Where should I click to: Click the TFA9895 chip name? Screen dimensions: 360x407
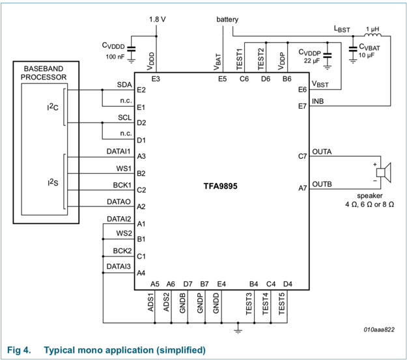pyautogui.click(x=219, y=186)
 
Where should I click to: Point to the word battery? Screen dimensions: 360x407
pyautogui.click(x=228, y=20)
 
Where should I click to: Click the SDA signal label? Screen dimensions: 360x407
pyautogui.click(x=124, y=85)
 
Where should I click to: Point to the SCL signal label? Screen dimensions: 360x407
pyautogui.click(x=124, y=118)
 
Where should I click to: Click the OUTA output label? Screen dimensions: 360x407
pyautogui.click(x=322, y=152)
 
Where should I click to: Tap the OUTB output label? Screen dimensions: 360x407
pyautogui.click(x=322, y=184)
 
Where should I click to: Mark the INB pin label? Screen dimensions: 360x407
pyautogui.click(x=318, y=102)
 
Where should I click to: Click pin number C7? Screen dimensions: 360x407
pyautogui.click(x=302, y=156)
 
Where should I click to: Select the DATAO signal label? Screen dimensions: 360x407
pyautogui.click(x=119, y=202)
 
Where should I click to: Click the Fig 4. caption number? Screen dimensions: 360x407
pyautogui.click(x=18, y=350)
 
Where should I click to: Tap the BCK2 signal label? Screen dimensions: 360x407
pyautogui.click(x=122, y=251)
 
